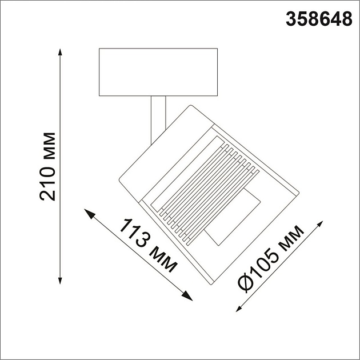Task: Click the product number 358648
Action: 318,20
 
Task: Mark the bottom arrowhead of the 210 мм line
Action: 60,279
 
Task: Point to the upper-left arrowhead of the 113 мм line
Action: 89,213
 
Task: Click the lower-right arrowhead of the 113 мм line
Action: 186,295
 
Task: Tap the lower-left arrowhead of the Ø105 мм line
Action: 241,307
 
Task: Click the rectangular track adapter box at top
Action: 158,72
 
